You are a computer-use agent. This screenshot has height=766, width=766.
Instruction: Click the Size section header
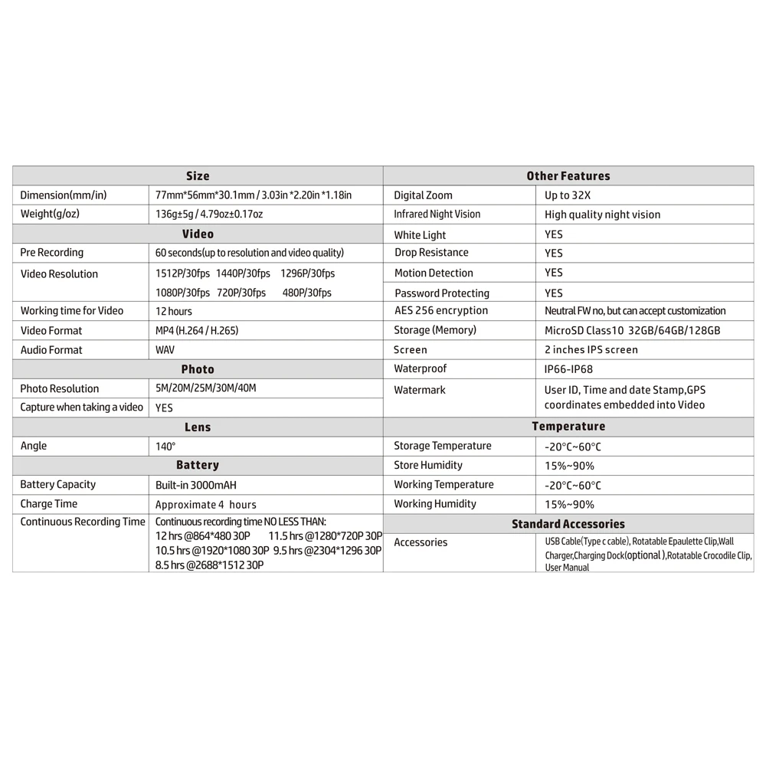(198, 176)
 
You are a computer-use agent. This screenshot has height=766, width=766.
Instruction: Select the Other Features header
(568, 176)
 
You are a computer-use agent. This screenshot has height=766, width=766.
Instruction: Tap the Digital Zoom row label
(423, 195)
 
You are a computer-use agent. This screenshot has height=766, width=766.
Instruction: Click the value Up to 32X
(568, 195)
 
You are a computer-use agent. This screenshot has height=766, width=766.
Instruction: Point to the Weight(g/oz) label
(50, 214)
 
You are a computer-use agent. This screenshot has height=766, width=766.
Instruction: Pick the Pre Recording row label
(52, 252)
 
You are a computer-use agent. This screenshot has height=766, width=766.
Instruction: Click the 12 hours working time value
(174, 311)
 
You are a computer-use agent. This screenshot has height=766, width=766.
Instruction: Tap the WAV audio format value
(166, 350)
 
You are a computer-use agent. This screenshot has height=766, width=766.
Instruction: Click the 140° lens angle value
(165, 446)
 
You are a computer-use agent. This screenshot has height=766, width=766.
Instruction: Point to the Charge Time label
(49, 504)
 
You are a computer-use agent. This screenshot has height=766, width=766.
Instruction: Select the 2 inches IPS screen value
(591, 349)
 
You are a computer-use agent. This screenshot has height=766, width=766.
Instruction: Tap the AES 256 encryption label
(440, 310)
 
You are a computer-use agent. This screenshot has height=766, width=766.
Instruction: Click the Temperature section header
(568, 427)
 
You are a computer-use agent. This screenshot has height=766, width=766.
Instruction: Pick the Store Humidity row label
(428, 465)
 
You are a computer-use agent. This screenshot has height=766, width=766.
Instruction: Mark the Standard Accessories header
(568, 524)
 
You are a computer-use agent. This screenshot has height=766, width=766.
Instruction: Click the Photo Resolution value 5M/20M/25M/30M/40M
(206, 388)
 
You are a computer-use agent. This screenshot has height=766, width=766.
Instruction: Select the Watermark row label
(420, 390)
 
